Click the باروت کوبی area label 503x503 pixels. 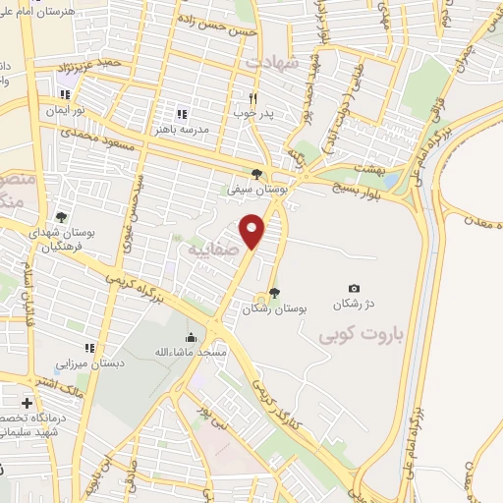363,335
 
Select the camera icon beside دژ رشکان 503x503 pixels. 355,288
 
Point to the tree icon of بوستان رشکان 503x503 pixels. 274,292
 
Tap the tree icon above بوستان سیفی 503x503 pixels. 256,174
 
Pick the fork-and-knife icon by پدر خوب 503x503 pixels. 252,97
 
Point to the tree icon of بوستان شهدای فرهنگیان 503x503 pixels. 61,217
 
